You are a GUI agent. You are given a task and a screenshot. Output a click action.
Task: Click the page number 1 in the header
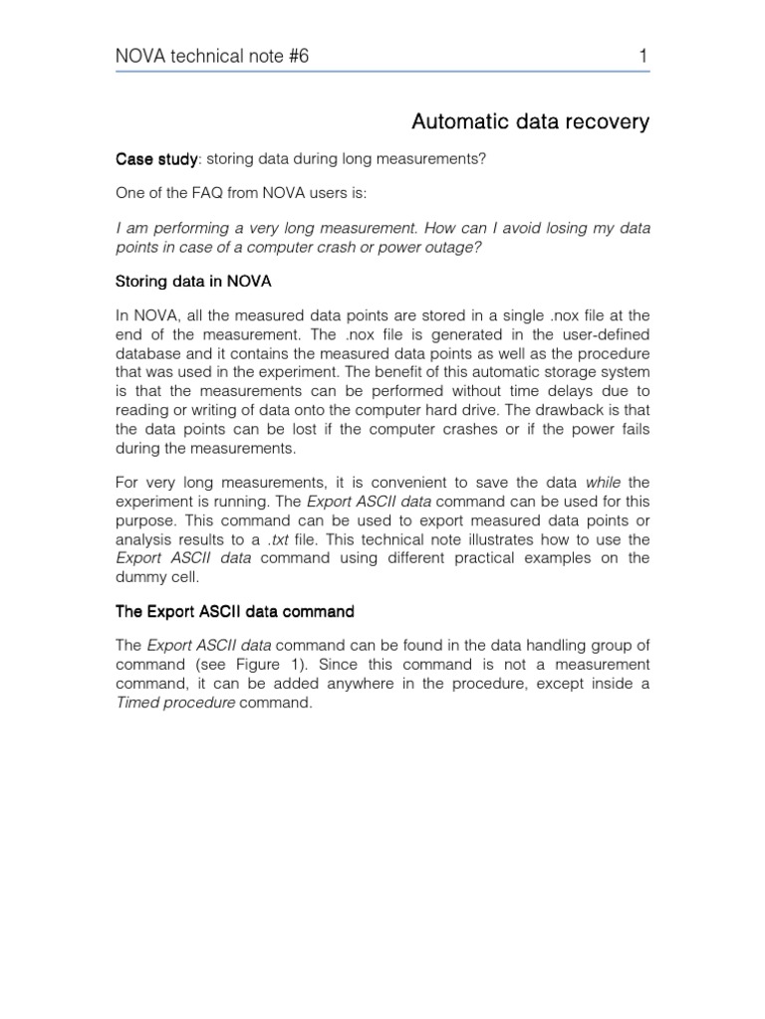point(643,57)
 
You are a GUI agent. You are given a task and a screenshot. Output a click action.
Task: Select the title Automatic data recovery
point(530,122)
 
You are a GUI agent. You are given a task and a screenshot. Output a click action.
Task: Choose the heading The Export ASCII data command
point(235,610)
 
